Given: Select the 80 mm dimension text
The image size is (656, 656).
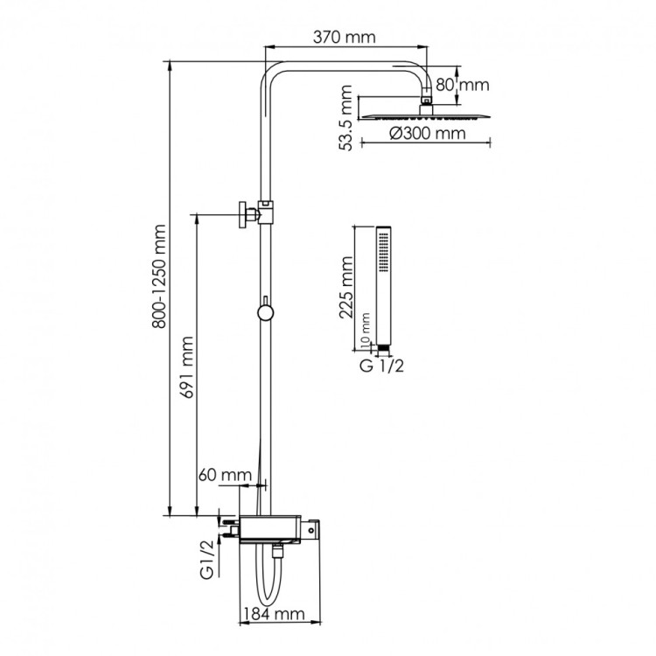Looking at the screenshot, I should click(463, 85).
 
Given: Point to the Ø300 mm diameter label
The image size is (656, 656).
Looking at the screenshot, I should click(425, 134).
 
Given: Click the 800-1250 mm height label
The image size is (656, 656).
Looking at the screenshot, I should click(158, 276).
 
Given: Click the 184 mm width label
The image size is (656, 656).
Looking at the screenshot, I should click(270, 616).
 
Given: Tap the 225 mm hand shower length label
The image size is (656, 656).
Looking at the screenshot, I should click(346, 286).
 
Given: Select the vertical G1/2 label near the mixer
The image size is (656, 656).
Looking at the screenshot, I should click(207, 561).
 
